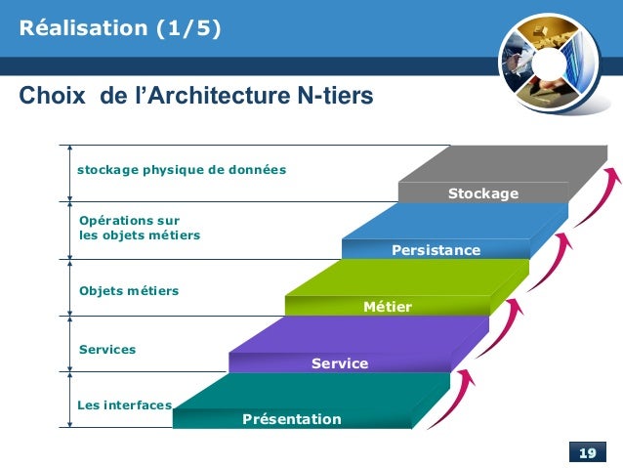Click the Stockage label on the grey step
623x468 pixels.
(x=482, y=194)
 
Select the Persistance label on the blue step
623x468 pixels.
(x=436, y=251)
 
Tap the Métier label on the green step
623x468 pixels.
(x=387, y=308)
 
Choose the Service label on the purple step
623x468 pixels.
(x=340, y=364)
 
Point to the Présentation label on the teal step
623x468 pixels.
(x=292, y=420)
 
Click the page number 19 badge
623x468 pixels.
(x=587, y=453)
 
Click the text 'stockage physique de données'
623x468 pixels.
(x=182, y=170)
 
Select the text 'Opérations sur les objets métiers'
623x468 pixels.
(x=139, y=228)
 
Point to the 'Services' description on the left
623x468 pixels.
(x=106, y=349)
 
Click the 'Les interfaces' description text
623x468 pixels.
(x=124, y=404)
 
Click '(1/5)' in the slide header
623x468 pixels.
(x=185, y=28)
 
